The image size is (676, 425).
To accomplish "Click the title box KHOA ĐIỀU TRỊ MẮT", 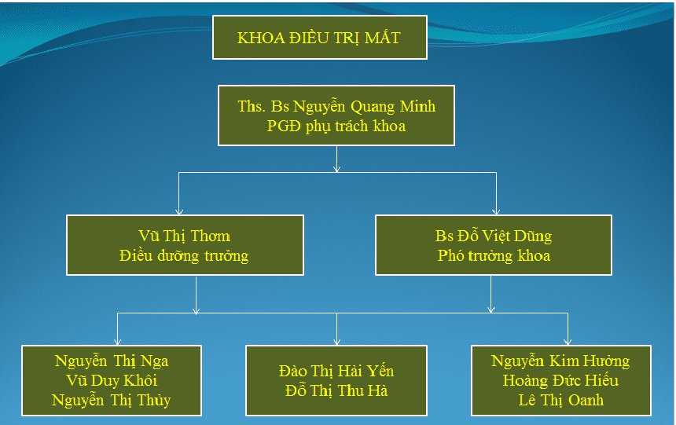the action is [319, 38].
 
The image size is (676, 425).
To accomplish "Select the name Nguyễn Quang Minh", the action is [364, 107].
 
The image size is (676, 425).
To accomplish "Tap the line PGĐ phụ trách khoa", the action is [336, 126].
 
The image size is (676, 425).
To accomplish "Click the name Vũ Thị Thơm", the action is [184, 236].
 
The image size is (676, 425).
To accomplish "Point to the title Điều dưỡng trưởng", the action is [184, 256].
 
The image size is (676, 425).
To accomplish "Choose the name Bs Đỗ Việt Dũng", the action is [493, 236].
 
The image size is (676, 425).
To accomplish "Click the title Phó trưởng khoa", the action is [494, 256].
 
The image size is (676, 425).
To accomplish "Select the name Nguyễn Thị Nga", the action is [112, 361].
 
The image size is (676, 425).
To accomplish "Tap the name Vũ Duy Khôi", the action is [112, 380].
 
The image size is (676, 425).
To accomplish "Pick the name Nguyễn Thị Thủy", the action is [112, 401].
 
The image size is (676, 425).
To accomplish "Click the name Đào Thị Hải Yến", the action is [336, 371].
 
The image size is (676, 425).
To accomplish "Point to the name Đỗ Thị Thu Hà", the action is [336, 391].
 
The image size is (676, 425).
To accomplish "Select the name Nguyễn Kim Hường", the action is [560, 361].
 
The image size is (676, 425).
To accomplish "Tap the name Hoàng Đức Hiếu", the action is [560, 380].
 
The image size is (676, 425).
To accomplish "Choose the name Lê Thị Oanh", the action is [560, 401].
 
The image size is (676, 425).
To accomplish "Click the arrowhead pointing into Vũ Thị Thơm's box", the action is [179, 211].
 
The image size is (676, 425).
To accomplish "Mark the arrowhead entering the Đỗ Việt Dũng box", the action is [496, 211].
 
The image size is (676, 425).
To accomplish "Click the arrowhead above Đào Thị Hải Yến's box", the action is [336, 342].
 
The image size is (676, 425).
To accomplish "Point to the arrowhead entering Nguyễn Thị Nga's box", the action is [117, 342].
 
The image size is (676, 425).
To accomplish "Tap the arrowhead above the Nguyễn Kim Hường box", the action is [568, 342].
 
